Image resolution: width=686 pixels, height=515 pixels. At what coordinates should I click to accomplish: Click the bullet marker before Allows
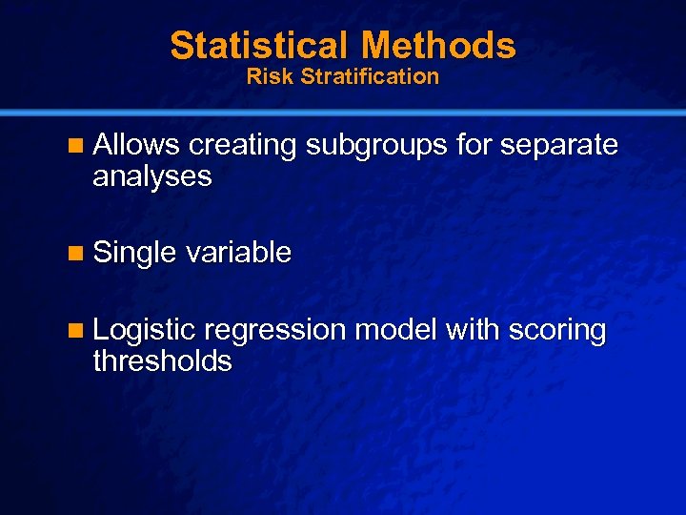pos(77,146)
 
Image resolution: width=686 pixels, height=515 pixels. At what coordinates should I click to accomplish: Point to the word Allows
pos(137,145)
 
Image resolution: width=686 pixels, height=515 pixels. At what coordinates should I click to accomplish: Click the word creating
pos(244,145)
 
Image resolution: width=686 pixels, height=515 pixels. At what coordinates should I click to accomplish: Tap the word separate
pos(559,146)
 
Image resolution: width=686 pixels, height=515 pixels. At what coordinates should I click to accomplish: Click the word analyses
pos(152,176)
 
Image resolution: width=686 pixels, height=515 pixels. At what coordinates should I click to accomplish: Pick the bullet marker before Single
pos(77,254)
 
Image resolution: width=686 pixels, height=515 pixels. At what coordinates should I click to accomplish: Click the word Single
pos(135,254)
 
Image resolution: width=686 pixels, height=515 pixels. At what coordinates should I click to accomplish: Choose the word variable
pos(239,253)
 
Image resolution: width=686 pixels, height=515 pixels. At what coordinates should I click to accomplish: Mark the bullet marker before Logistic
pos(77,332)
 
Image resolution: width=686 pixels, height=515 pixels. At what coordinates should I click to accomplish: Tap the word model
pos(395,330)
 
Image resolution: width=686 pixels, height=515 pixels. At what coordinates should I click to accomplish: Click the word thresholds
pos(162,361)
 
